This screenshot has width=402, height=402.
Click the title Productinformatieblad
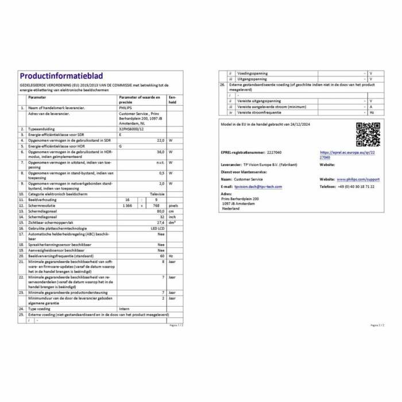(x=57, y=76)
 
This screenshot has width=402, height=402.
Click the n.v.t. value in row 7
(x=160, y=163)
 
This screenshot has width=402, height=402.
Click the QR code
(x=368, y=135)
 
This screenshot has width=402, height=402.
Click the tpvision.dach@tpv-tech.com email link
(x=258, y=187)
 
